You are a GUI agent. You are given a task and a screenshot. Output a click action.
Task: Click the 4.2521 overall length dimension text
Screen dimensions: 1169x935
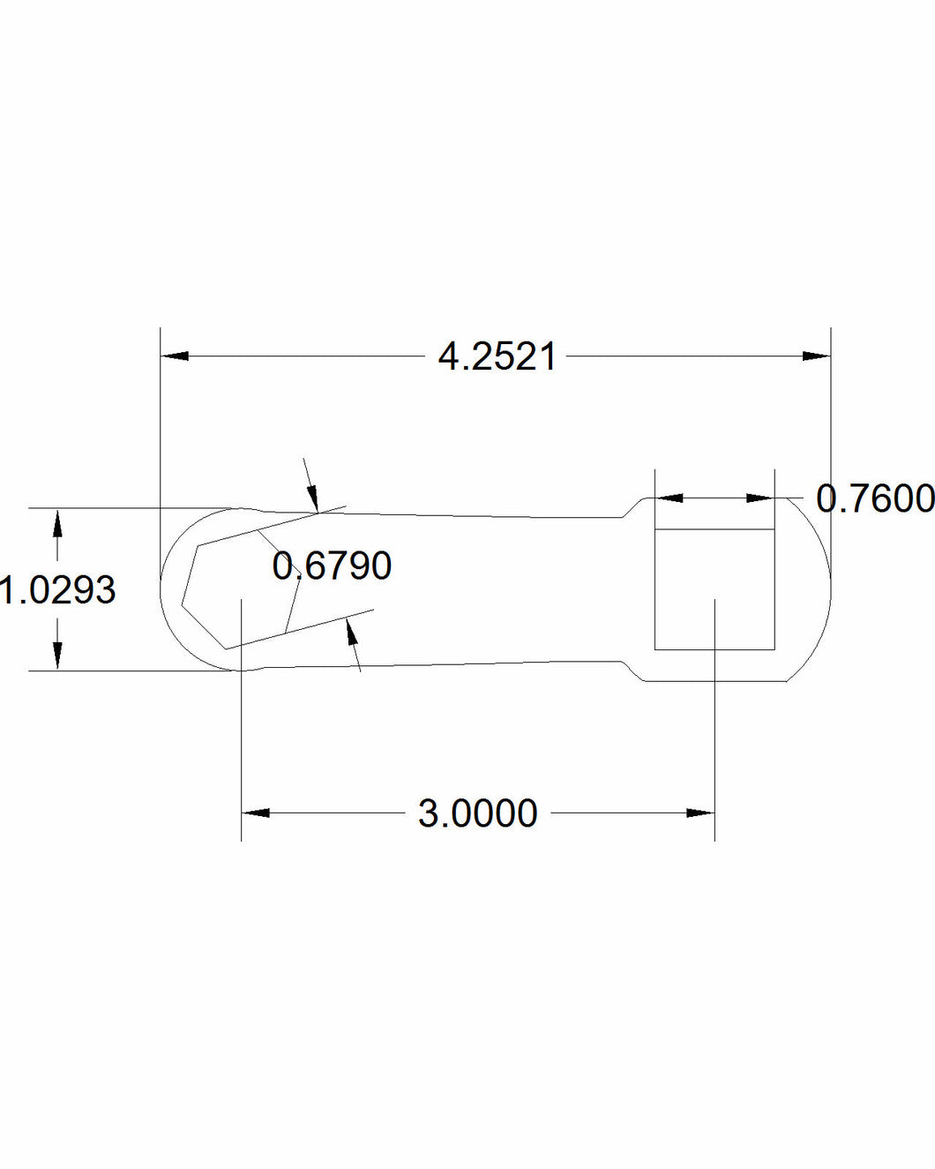coord(497,357)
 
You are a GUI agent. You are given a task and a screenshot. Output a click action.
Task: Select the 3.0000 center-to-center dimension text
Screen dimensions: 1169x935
coord(477,813)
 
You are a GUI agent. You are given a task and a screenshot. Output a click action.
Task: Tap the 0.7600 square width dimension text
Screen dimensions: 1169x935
coord(874,498)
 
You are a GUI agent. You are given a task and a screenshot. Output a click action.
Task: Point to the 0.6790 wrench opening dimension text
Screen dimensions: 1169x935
coord(332,566)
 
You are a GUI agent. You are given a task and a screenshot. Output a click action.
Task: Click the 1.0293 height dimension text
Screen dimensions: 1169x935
coord(58,590)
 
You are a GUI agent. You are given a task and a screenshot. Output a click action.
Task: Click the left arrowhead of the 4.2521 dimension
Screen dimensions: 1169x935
coord(175,356)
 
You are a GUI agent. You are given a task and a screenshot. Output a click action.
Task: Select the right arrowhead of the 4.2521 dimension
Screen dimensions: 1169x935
coord(816,356)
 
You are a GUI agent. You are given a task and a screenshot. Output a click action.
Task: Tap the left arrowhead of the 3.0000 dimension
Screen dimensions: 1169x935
coord(256,813)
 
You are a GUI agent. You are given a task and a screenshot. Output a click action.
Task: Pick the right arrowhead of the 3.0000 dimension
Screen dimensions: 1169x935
coord(700,813)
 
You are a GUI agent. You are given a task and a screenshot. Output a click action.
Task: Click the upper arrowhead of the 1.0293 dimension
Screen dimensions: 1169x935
coord(57,523)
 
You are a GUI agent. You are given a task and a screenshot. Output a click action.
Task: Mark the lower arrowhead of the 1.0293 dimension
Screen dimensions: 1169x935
coord(57,656)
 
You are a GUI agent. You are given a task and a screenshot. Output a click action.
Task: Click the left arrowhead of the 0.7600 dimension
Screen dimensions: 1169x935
coord(669,498)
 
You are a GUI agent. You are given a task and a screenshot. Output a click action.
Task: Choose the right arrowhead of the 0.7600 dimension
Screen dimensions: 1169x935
coord(759,498)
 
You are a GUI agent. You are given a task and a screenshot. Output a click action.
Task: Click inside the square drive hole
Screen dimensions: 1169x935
coord(714,589)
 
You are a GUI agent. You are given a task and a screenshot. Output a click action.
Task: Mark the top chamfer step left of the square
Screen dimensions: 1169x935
coord(634,508)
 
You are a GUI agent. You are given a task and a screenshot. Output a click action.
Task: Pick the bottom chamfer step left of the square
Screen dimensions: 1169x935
coord(634,672)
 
